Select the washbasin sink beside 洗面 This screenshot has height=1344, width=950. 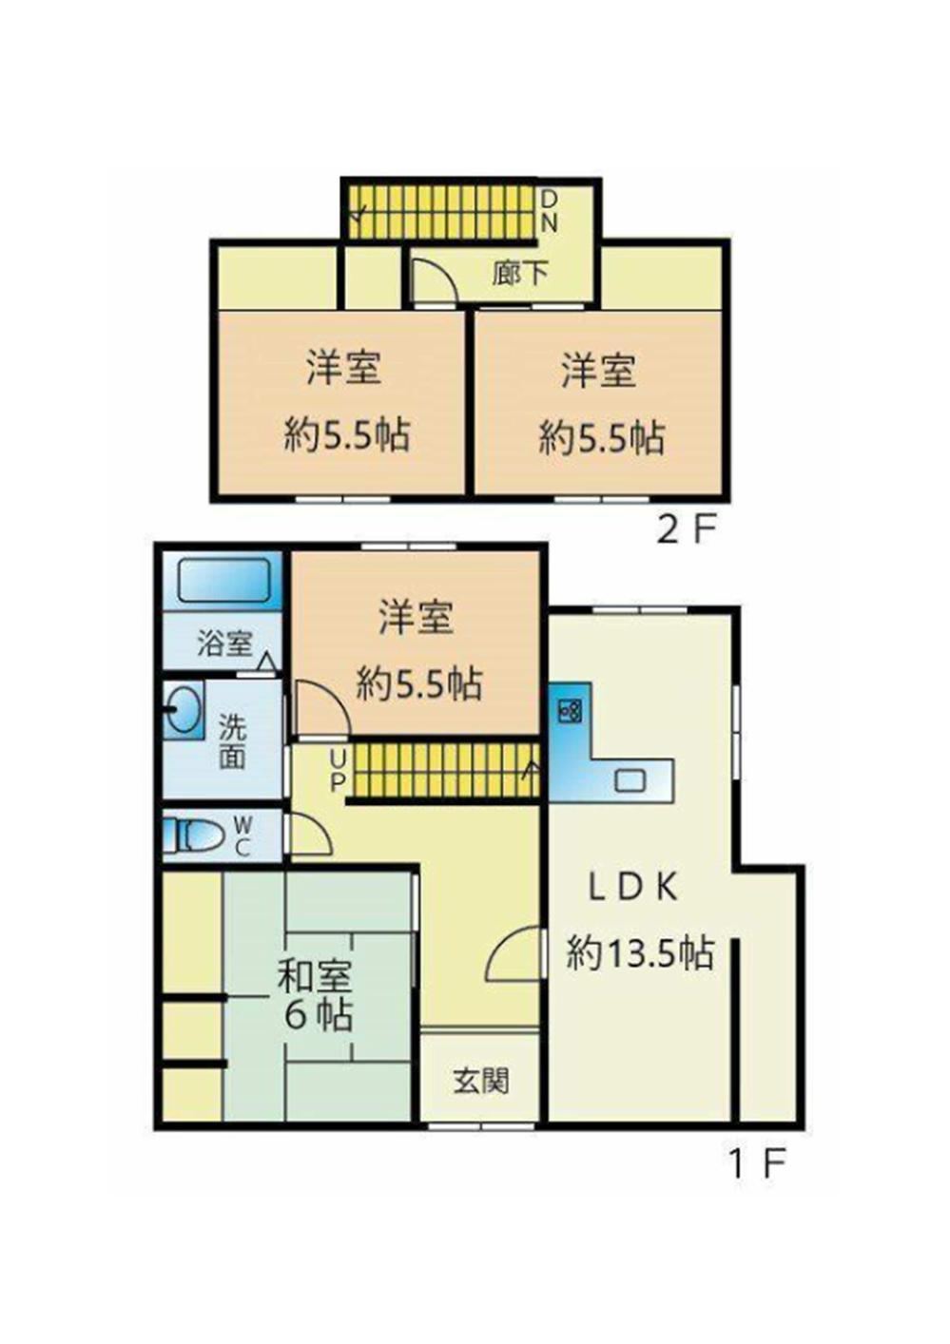point(182,710)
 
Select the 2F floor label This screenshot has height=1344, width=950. point(687,529)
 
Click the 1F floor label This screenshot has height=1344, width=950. point(757,1164)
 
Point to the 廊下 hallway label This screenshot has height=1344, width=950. point(520,274)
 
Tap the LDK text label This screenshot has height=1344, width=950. point(633,886)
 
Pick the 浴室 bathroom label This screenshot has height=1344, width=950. point(224,643)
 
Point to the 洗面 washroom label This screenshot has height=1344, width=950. point(232,742)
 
